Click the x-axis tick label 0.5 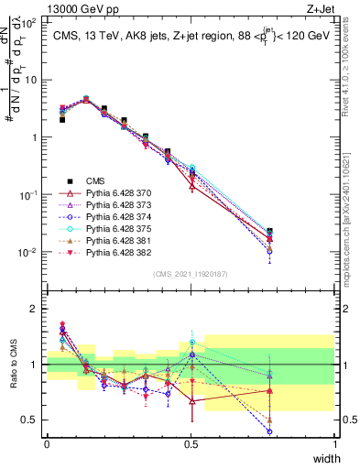(191, 444)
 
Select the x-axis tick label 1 (334, 444)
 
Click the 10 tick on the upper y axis (31, 79)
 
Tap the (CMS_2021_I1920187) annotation (191, 273)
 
